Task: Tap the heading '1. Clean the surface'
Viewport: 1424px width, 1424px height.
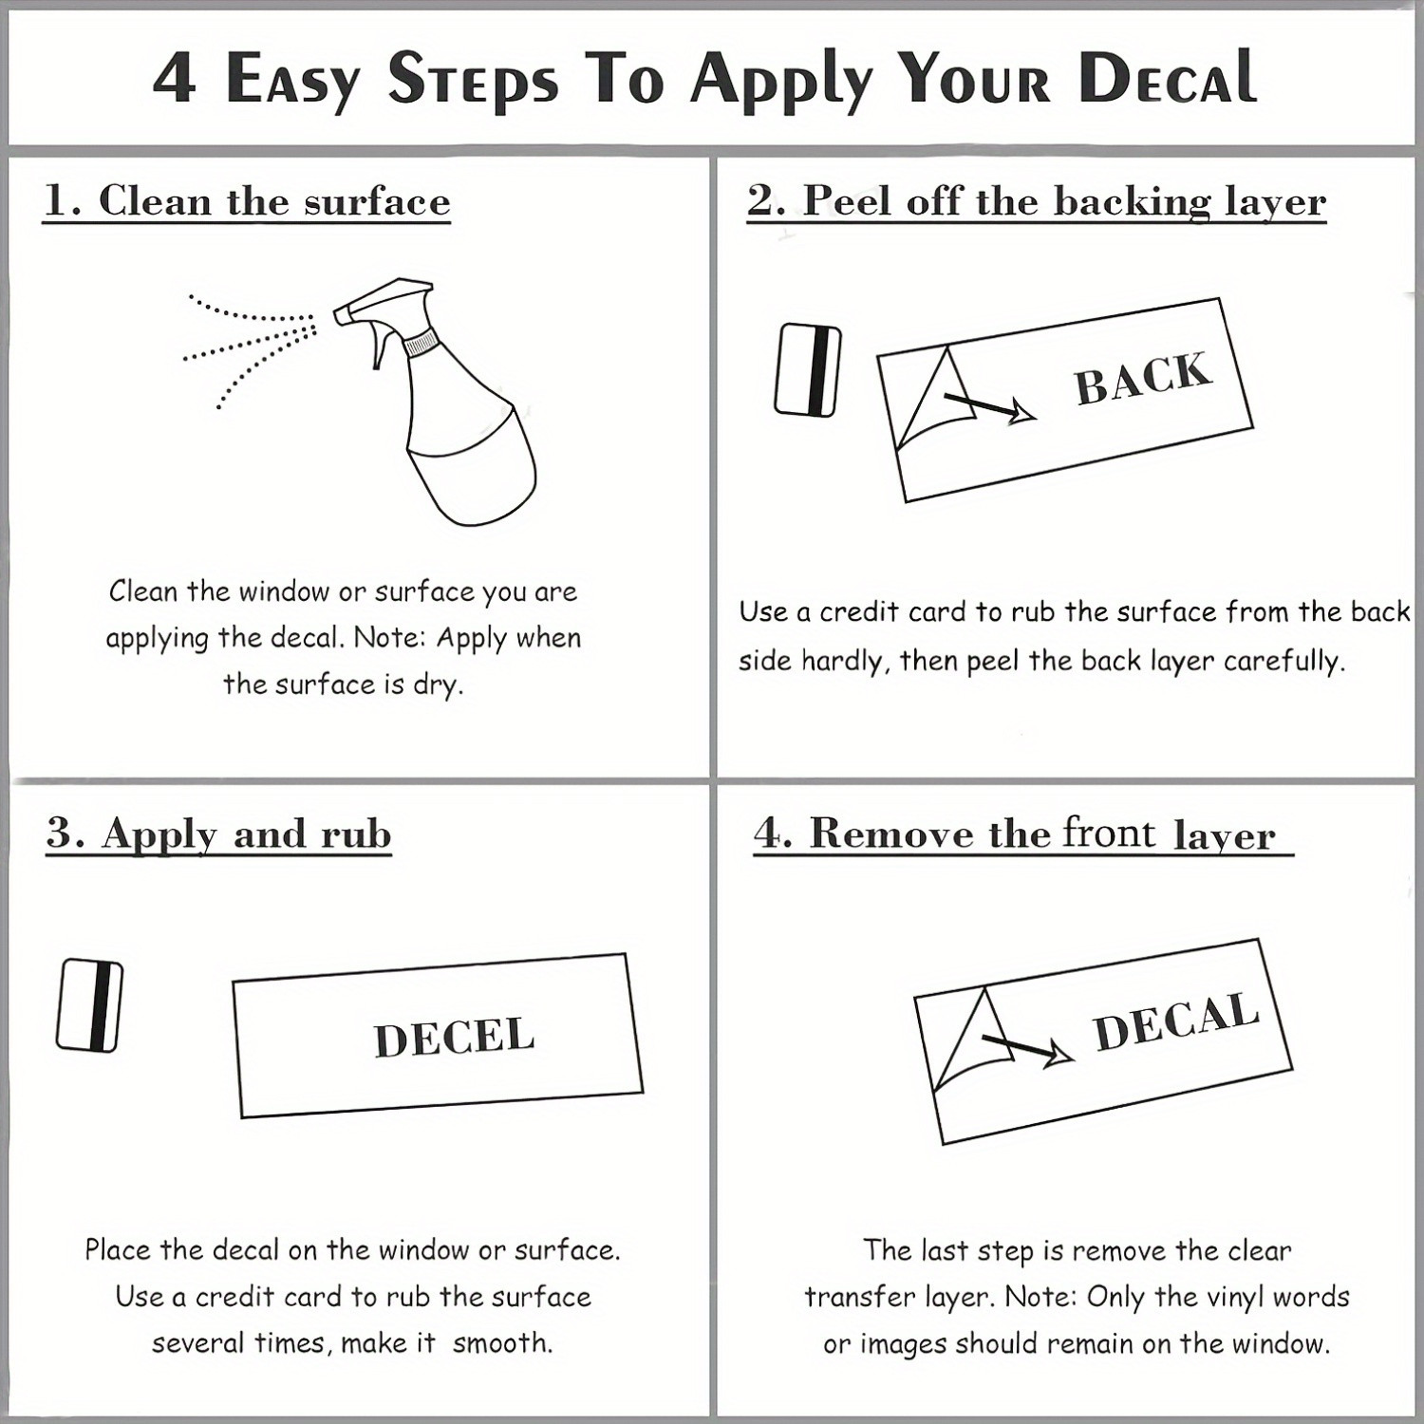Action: point(247,201)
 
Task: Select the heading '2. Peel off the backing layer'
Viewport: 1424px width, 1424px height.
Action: point(1036,202)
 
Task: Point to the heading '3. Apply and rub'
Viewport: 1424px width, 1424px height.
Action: point(218,834)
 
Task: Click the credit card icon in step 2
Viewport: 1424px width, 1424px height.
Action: point(808,370)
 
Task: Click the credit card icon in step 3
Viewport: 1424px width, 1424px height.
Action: point(89,1005)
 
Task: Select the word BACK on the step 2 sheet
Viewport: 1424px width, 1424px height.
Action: point(1143,378)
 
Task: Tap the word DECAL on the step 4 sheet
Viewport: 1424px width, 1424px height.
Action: point(1176,1021)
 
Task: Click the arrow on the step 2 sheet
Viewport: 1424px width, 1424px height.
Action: point(987,405)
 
